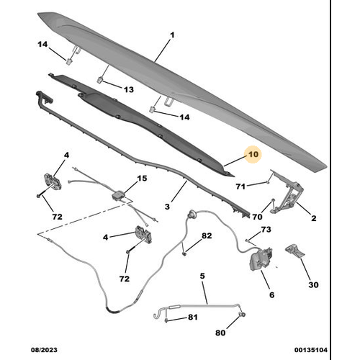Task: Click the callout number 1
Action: pos(172,35)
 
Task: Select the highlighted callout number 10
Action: pos(253,154)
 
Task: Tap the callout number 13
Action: pos(128,89)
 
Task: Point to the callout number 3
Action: pos(167,207)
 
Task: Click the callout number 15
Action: pos(142,179)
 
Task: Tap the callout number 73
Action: pos(266,230)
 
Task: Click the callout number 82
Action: pos(207,236)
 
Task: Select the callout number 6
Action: pos(271,294)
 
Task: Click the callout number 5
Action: pos(202,276)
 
